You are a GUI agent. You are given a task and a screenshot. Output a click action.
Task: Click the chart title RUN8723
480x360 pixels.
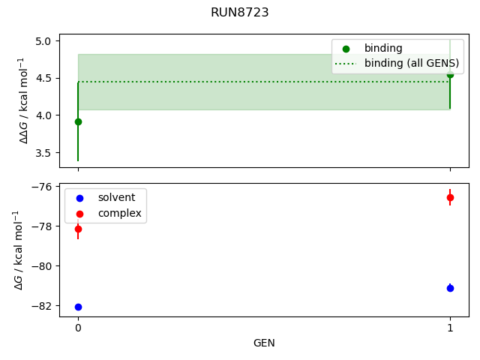coord(239,13)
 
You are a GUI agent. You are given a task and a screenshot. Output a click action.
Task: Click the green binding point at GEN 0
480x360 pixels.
coord(78,121)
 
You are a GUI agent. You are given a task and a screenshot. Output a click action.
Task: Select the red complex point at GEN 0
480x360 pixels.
coord(78,229)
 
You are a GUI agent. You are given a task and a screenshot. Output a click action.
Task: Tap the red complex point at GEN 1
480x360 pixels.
coord(450,197)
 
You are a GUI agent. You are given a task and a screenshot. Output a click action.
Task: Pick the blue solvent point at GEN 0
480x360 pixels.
coord(78,307)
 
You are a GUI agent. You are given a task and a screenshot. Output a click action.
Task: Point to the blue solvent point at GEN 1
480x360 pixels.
coord(450,288)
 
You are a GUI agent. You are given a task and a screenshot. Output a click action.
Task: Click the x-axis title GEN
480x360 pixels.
coord(264,343)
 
